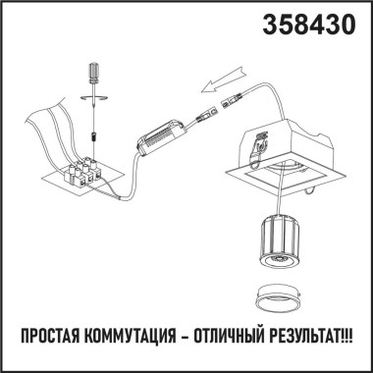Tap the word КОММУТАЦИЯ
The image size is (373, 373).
point(137,346)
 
